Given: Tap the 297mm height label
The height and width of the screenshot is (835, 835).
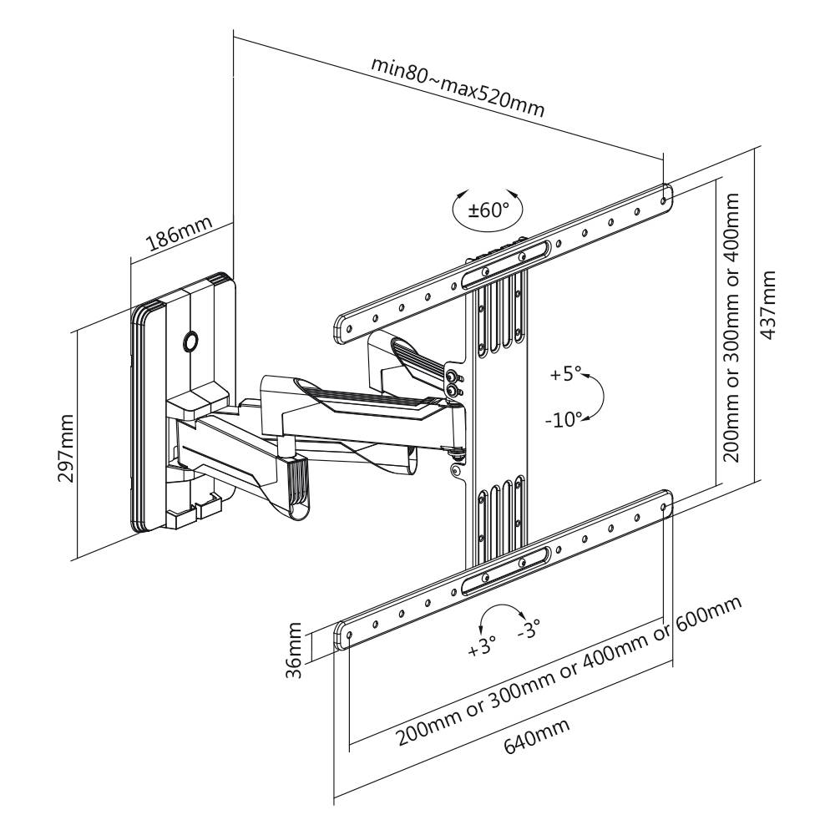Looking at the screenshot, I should (65, 443).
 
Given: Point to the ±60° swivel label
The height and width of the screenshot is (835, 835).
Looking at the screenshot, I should (488, 209).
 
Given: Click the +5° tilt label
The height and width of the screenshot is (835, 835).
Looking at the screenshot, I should (564, 373).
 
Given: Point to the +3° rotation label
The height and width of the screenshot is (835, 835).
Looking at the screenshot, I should (482, 645).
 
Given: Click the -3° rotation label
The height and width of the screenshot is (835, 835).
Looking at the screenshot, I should (529, 629).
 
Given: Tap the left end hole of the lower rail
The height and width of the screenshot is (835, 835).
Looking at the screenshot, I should (348, 637).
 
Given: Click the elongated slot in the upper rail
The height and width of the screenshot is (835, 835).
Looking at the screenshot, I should (508, 261).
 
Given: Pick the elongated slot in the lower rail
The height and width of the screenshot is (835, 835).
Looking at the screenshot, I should (508, 568).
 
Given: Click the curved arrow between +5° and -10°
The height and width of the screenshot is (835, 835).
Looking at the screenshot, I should (595, 397).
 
